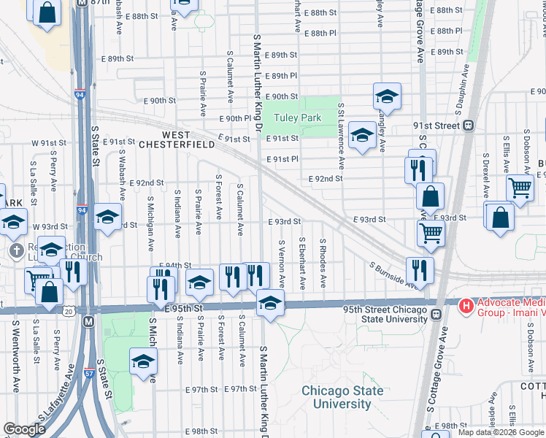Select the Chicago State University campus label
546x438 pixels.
pos(342,397)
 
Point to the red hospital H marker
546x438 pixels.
pos(464,304)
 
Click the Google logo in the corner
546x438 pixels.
pos(25,429)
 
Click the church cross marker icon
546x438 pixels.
pos(17,250)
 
